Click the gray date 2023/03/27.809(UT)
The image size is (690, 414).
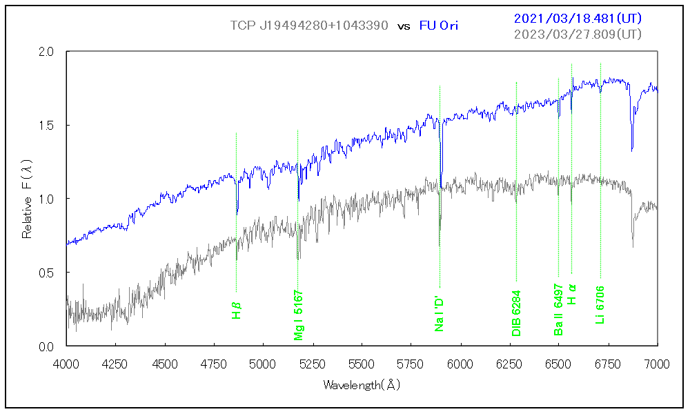[x=578, y=34]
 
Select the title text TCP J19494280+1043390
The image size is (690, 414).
[x=310, y=26]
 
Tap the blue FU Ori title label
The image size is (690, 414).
[x=439, y=26]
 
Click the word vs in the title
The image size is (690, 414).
[x=404, y=26]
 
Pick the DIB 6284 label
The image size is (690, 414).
[x=516, y=313]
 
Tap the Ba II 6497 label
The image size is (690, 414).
[x=558, y=310]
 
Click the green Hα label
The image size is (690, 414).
[x=571, y=295]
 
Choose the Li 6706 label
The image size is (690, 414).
[x=600, y=305]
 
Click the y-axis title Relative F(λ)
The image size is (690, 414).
[x=28, y=198]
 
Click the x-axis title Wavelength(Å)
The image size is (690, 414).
[x=362, y=384]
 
